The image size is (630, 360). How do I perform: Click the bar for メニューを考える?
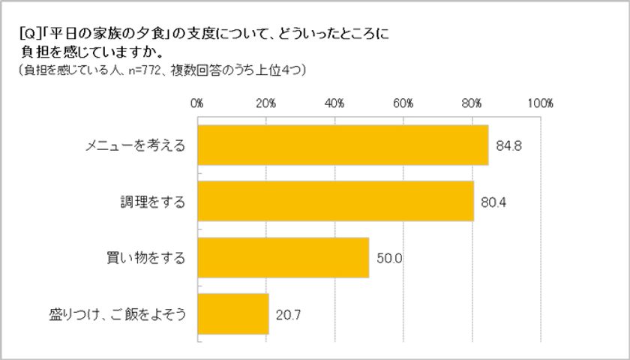[x=343, y=144]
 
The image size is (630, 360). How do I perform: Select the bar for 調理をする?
[x=335, y=201]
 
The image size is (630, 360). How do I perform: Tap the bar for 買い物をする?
[x=283, y=257]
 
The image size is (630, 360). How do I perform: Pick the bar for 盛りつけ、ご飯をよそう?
[x=233, y=313]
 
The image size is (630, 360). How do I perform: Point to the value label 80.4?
[x=493, y=201]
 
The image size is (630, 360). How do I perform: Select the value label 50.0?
[x=389, y=258]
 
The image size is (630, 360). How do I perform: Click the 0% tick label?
[x=198, y=103]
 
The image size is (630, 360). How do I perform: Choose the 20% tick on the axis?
[x=266, y=103]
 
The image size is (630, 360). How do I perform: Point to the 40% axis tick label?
[x=334, y=103]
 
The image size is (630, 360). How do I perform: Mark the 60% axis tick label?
[x=403, y=103]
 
